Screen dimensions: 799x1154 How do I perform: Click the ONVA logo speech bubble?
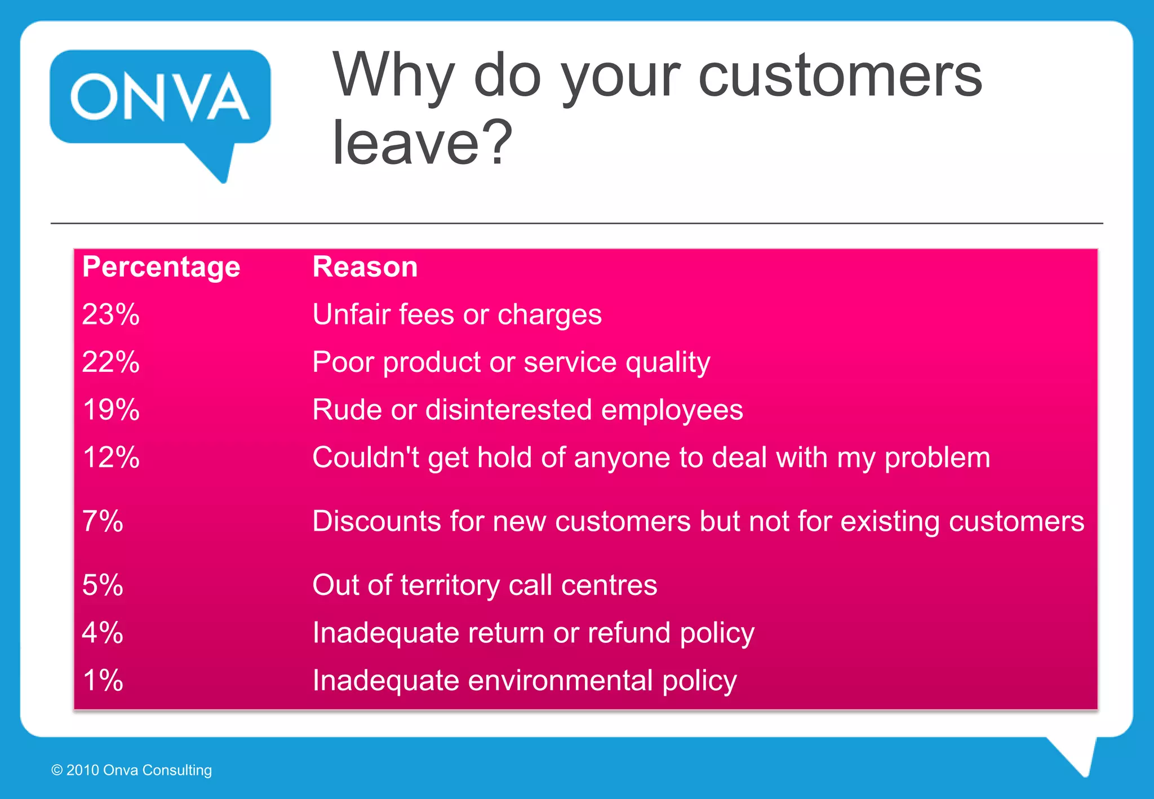point(160,97)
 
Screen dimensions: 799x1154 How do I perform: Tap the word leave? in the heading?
point(422,143)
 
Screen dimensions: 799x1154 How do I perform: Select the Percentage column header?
point(161,267)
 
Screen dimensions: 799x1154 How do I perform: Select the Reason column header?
point(365,267)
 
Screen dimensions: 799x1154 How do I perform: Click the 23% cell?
point(110,314)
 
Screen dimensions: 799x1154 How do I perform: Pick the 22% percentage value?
point(110,362)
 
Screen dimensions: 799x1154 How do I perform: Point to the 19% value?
point(110,410)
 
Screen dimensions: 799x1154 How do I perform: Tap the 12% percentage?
point(110,458)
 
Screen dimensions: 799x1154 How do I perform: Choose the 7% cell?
point(103,521)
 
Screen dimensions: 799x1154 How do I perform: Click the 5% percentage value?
point(103,585)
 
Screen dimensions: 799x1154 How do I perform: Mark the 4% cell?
point(103,633)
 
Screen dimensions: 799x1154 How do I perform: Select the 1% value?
point(103,681)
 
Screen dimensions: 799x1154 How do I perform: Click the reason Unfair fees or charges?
point(457,314)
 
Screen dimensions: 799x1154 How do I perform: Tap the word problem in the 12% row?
point(937,458)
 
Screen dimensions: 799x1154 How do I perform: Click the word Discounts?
point(376,521)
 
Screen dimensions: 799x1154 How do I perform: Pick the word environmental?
point(560,681)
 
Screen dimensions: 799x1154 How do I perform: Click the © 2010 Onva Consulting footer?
point(131,770)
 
